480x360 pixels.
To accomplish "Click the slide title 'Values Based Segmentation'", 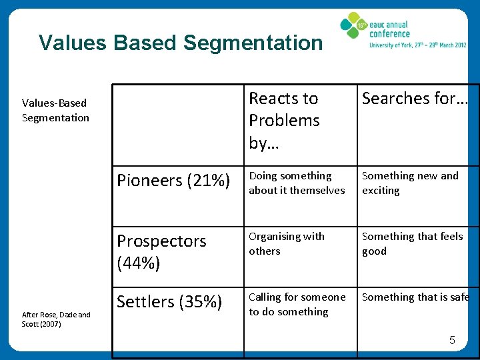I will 180,43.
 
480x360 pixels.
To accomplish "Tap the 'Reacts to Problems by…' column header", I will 284,121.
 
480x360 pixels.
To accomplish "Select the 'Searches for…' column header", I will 415,99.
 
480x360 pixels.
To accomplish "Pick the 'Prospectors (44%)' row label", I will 162,252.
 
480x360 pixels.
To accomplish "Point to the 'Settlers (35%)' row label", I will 169,302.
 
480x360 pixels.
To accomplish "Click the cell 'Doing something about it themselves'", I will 297,183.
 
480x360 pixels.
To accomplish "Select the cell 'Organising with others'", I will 287,244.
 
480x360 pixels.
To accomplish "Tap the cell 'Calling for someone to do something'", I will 297,305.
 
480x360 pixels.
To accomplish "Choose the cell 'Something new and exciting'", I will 410,183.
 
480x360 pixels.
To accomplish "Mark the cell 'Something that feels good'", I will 412,244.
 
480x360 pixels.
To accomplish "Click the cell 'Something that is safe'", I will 415,297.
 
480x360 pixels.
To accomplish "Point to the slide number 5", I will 451,341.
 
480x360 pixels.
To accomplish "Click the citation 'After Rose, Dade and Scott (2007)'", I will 56,319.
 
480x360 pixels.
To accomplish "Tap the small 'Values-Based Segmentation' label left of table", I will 55,111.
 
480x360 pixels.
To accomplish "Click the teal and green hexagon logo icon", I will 353,26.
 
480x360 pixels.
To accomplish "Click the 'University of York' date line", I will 418,46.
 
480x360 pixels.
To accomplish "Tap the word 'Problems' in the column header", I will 284,121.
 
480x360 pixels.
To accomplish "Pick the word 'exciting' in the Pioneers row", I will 381,191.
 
